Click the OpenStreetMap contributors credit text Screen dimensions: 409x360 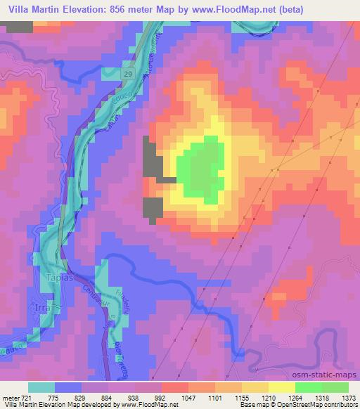click(x=321, y=405)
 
